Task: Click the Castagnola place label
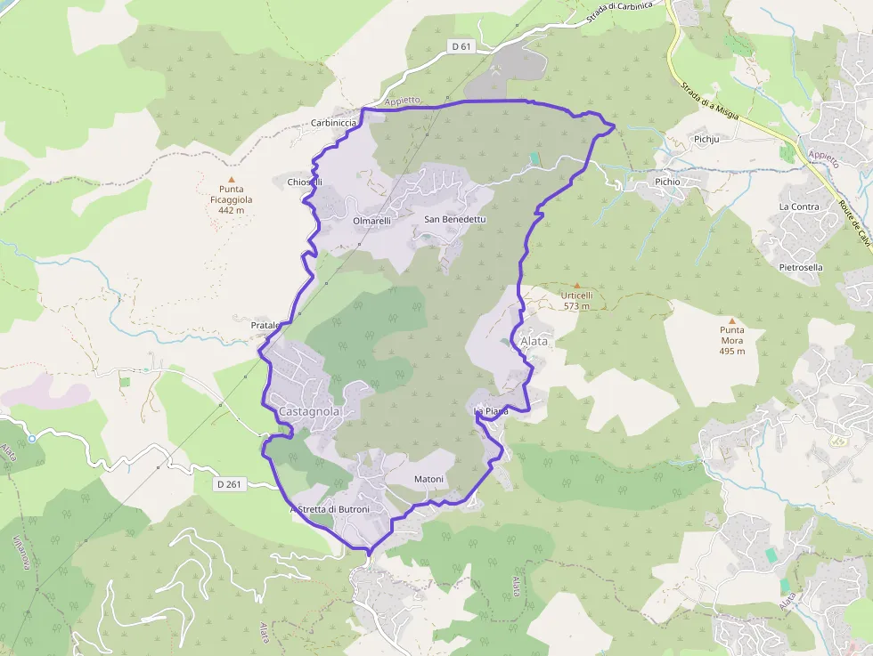[x=309, y=411]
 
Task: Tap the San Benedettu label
[x=455, y=219]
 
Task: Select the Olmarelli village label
[x=371, y=221]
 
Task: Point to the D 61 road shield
[x=460, y=45]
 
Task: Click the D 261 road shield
[x=229, y=484]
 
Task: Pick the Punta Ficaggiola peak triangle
[x=231, y=179]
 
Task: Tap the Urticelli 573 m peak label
[x=576, y=300]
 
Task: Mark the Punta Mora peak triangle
[x=732, y=320]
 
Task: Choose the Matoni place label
[x=428, y=480]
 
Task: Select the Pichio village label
[x=667, y=182]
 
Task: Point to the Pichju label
[x=706, y=140]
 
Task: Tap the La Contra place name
[x=799, y=207]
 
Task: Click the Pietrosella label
[x=801, y=267]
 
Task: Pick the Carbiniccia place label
[x=334, y=122]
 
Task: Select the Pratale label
[x=265, y=326]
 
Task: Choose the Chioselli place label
[x=305, y=182]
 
